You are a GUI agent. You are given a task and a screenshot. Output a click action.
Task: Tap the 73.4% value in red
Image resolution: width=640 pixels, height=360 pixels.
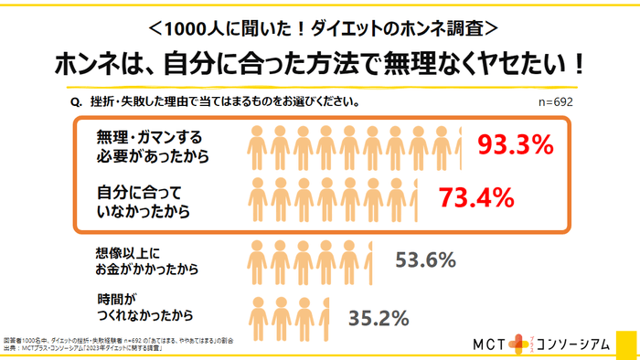477,196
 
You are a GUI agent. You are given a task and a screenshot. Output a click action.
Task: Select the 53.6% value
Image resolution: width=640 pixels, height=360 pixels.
425,260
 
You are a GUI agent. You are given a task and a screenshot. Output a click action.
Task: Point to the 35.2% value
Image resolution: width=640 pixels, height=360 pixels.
379,318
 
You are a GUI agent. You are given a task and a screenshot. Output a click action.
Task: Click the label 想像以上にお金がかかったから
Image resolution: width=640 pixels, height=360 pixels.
146,260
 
